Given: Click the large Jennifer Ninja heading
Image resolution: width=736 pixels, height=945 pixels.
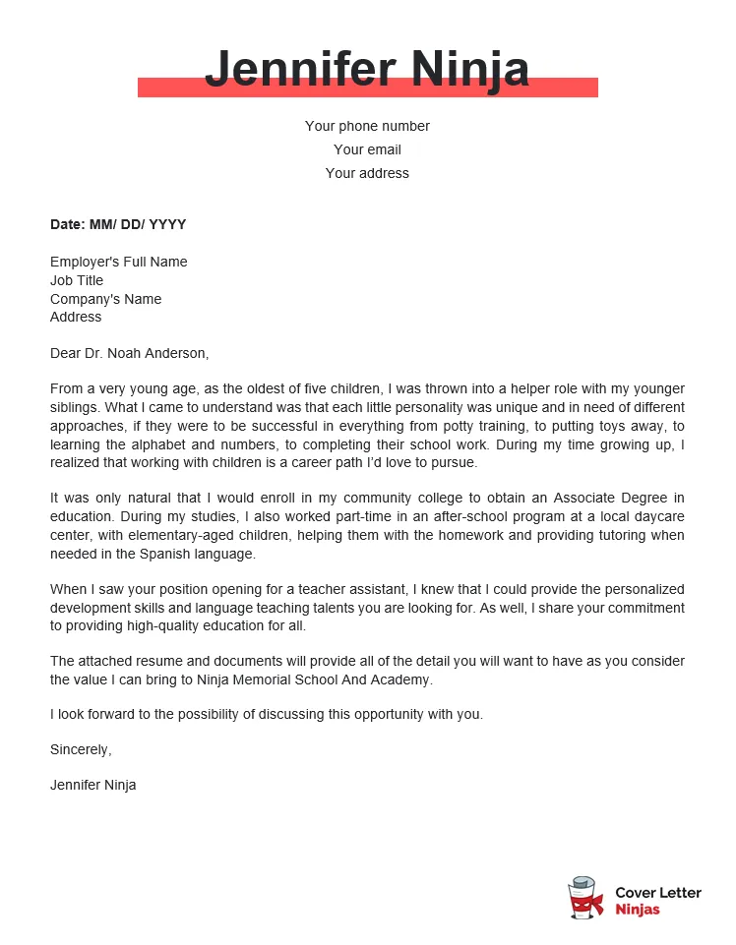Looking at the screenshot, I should [367, 69].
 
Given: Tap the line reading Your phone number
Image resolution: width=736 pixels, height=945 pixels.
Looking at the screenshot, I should [367, 126].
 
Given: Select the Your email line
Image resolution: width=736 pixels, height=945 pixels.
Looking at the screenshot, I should [367, 149].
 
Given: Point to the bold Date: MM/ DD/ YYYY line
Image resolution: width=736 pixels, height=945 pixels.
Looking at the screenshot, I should [118, 224].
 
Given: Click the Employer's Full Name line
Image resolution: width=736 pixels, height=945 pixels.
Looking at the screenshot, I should [118, 262].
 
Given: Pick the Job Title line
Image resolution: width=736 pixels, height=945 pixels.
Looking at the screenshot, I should [77, 280].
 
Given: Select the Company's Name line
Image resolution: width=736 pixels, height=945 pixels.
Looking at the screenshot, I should [105, 299].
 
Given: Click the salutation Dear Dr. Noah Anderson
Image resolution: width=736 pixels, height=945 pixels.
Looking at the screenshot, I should [129, 353].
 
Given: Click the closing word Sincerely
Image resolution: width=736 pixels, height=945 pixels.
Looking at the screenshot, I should [81, 749].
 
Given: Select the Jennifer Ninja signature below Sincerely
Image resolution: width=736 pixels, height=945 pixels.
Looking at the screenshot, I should [93, 785].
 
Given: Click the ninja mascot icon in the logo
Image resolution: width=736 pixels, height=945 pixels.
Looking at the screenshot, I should [585, 900].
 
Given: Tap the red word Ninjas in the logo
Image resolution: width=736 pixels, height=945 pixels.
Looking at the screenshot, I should [637, 910].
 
